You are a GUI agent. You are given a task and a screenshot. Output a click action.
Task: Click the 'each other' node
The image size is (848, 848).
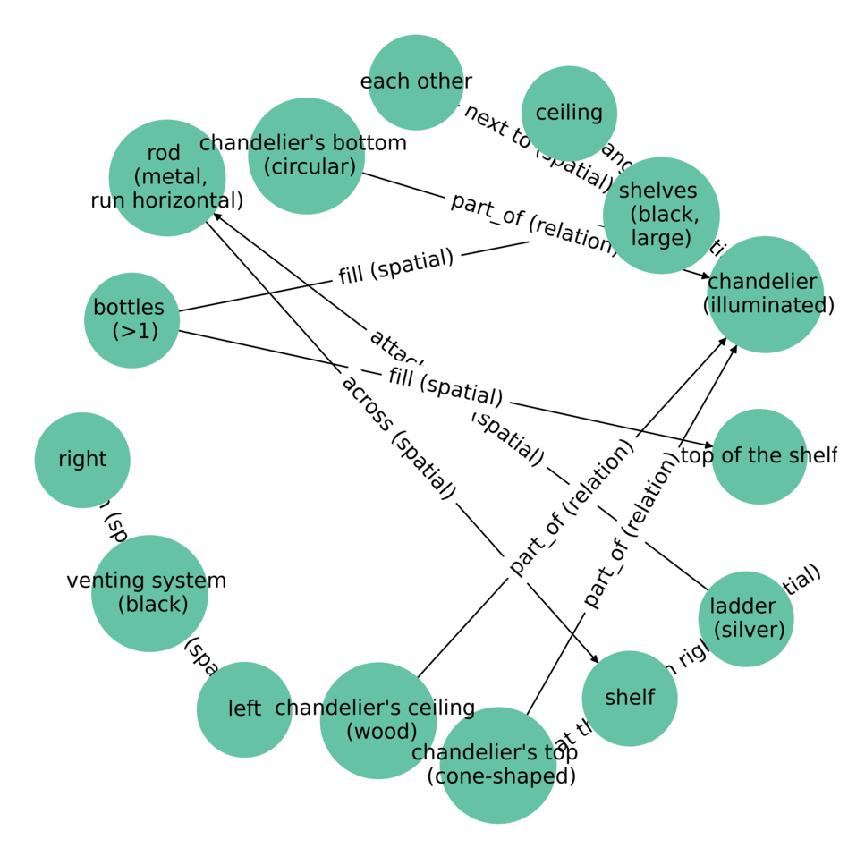click(416, 82)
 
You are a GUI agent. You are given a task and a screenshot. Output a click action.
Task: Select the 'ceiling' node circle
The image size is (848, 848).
click(569, 113)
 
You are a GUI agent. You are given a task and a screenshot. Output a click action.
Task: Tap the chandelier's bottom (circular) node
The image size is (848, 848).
click(306, 156)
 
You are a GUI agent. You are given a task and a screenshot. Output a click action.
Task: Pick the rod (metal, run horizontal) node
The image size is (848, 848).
click(166, 177)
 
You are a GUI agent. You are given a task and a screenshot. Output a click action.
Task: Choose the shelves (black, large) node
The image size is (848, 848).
click(661, 215)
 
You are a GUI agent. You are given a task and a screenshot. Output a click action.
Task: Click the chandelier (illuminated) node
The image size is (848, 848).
click(764, 294)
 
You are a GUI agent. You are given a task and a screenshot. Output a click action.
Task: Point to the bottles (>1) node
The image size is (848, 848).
click(131, 320)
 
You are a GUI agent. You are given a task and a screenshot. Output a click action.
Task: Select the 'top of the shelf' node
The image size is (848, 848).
click(759, 456)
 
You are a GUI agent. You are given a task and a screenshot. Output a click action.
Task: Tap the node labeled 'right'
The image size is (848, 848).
click(82, 460)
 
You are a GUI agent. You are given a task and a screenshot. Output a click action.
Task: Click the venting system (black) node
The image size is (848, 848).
click(149, 593)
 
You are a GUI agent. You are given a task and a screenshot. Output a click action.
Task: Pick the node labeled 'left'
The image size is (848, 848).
click(244, 709)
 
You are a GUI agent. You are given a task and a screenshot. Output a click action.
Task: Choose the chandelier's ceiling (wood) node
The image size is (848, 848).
click(377, 720)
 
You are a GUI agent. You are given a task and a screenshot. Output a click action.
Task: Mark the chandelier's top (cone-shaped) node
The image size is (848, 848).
click(498, 765)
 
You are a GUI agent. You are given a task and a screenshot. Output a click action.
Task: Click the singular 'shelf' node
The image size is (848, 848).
click(630, 699)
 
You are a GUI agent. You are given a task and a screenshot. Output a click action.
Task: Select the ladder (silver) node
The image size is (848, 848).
click(746, 619)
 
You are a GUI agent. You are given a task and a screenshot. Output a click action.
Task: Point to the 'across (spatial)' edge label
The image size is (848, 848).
click(399, 435)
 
